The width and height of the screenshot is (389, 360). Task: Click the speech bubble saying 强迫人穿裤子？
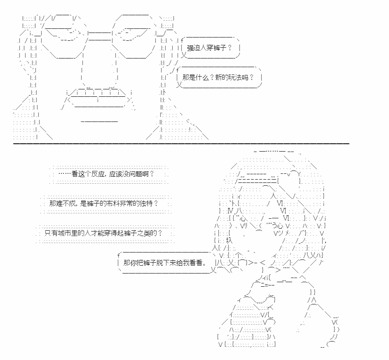click(x=211, y=48)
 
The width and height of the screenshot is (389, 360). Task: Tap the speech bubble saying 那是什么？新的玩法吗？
click(x=219, y=77)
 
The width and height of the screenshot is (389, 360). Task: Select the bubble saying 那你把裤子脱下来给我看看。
click(x=166, y=263)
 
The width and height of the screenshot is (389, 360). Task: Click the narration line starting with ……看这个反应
click(x=106, y=174)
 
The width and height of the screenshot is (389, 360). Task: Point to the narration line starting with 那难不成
click(x=104, y=203)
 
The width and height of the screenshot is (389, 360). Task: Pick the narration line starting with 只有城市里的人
click(x=103, y=233)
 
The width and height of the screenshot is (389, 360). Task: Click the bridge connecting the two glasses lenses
click(x=99, y=36)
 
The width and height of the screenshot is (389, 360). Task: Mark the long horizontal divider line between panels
click(x=181, y=144)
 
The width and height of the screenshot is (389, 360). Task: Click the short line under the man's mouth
click(x=99, y=122)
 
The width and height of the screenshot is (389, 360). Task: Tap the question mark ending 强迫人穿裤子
click(x=230, y=48)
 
